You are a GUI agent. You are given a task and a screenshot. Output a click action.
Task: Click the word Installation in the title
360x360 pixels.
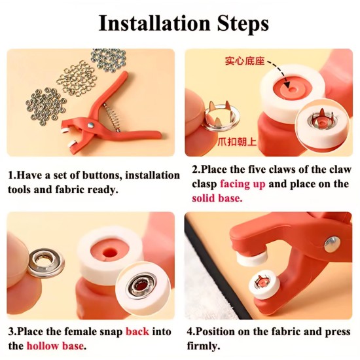pyautogui.click(x=154, y=24)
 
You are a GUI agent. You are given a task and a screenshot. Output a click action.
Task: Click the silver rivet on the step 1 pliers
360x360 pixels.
pyautogui.click(x=91, y=125)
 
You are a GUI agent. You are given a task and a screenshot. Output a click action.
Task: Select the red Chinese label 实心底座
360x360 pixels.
pyautogui.click(x=245, y=61)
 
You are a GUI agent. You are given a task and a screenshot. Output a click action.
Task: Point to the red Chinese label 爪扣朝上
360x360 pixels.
pyautogui.click(x=237, y=141)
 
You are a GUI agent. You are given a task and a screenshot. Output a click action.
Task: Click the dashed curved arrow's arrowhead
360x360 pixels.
pyautogui.click(x=287, y=84)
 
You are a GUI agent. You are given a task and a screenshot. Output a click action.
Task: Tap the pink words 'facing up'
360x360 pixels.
pyautogui.click(x=243, y=184)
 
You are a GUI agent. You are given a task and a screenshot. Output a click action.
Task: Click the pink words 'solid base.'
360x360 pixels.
pyautogui.click(x=217, y=198)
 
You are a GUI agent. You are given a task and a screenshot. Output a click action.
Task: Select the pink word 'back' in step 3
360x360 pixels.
pyautogui.click(x=137, y=332)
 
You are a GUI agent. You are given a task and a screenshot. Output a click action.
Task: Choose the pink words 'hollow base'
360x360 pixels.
pyautogui.click(x=55, y=346)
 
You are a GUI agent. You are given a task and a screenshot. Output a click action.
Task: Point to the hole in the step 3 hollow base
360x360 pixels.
pyautogui.click(x=110, y=252)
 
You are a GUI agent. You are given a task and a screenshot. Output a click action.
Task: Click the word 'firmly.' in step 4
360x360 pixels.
pyautogui.click(x=203, y=346)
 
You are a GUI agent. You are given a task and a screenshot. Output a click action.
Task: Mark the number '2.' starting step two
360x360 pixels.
pyautogui.click(x=196, y=170)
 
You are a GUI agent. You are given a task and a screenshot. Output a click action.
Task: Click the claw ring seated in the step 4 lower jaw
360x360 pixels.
pyautogui.click(x=262, y=281)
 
